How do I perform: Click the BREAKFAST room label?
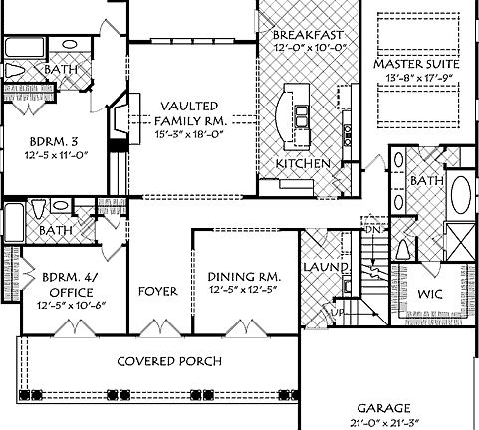(308, 34)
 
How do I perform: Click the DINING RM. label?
(244, 276)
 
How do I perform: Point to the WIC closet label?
(430, 295)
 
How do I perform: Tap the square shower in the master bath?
(459, 240)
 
